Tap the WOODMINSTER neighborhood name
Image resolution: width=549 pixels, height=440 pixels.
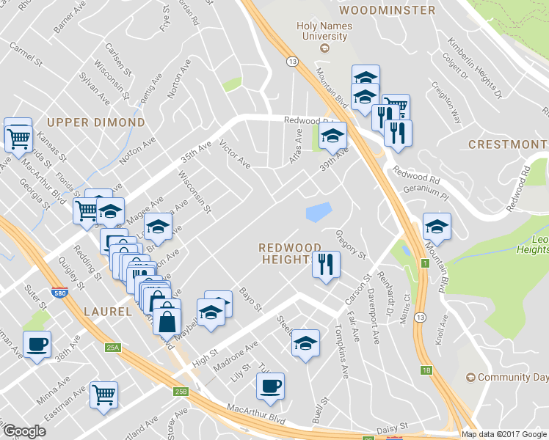(388, 10)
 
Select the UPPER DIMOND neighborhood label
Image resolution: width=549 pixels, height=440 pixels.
(96, 122)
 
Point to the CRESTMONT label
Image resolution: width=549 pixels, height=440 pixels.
(508, 144)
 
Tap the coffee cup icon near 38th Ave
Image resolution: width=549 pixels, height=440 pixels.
(37, 344)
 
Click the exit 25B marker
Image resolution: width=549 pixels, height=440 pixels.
(181, 392)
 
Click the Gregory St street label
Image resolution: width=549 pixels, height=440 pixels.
(350, 244)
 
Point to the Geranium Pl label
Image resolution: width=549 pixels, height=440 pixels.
(426, 192)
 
